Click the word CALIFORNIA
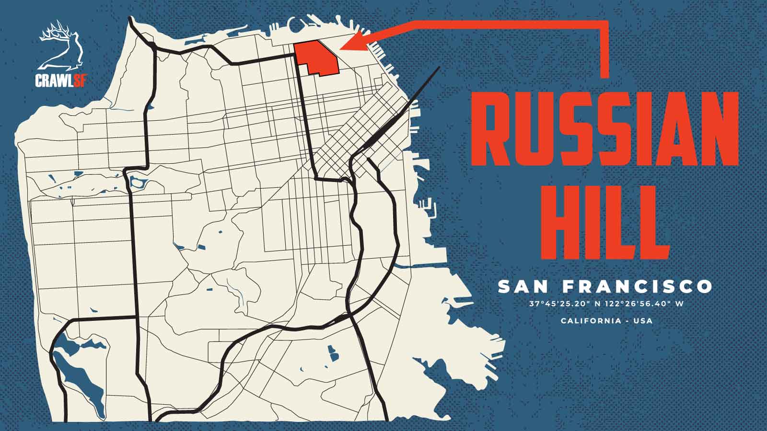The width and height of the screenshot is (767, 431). click(591, 320)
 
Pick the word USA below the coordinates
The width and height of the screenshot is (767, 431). click(643, 320)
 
